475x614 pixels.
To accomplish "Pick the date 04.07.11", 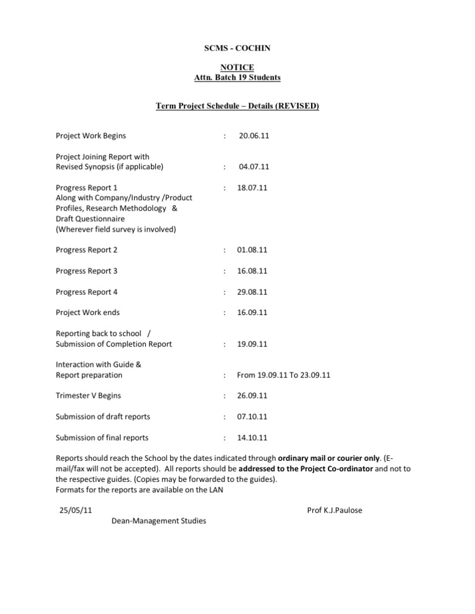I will (x=254, y=167).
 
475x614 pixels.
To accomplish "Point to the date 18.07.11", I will (x=252, y=187).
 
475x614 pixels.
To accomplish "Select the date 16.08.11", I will (x=252, y=271).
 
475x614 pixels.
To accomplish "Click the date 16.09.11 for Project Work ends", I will (x=252, y=313).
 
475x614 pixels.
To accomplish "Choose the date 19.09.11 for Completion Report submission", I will (x=252, y=344).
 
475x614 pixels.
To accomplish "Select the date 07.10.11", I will (x=252, y=417).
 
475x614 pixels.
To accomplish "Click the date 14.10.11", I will (x=252, y=438).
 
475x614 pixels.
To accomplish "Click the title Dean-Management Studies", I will (x=159, y=521).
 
